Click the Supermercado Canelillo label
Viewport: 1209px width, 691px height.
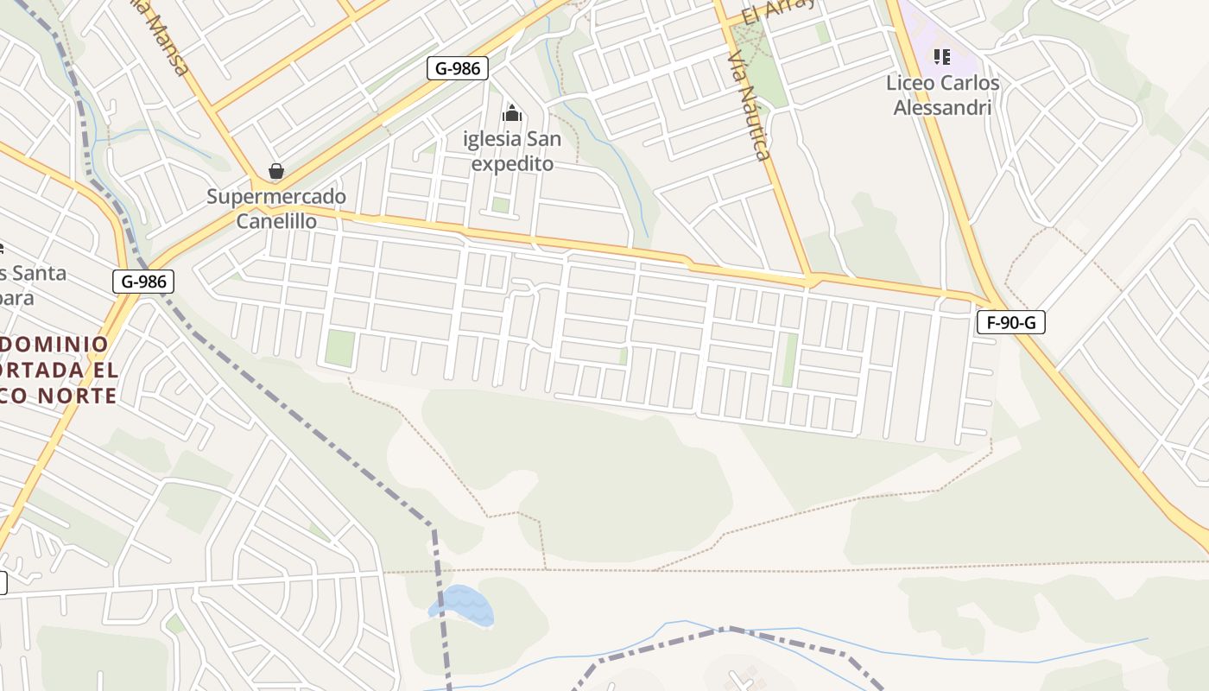click(x=276, y=209)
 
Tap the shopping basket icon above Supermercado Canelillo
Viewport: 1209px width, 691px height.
click(x=276, y=171)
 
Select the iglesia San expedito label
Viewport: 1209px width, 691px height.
click(x=512, y=151)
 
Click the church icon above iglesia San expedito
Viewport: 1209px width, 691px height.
click(x=512, y=113)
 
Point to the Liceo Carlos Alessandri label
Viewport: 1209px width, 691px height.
click(x=942, y=95)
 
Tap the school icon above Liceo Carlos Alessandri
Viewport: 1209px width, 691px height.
click(x=942, y=57)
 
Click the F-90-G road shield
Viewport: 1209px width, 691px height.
click(x=1010, y=323)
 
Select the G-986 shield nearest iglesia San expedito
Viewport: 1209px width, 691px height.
click(x=457, y=68)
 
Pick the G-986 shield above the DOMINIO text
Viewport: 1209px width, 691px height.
click(x=142, y=282)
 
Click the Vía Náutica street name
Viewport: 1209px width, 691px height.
click(x=749, y=105)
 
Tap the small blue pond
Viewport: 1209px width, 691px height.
click(x=462, y=605)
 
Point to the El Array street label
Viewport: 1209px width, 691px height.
click(x=778, y=11)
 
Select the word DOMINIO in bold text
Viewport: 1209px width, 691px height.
click(x=56, y=345)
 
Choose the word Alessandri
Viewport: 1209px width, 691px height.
click(x=942, y=108)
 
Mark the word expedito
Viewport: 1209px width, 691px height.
click(x=512, y=163)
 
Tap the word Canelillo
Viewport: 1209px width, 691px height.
click(x=276, y=221)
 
